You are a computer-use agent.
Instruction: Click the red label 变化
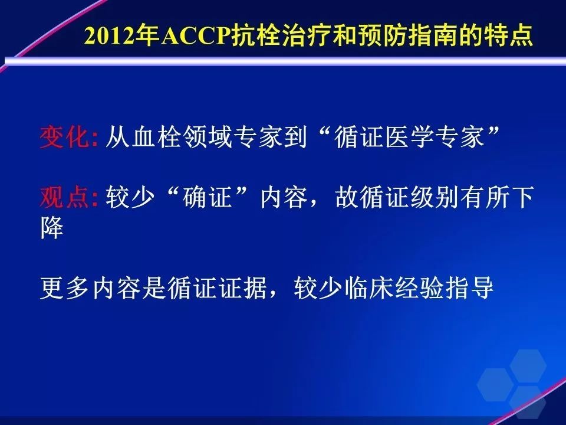pyautogui.click(x=64, y=137)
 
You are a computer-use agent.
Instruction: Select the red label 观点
pyautogui.click(x=64, y=197)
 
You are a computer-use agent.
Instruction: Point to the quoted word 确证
pyautogui.click(x=207, y=197)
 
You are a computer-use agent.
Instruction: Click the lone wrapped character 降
pyautogui.click(x=52, y=228)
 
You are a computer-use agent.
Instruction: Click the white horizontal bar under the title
pyautogui.click(x=285, y=61)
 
